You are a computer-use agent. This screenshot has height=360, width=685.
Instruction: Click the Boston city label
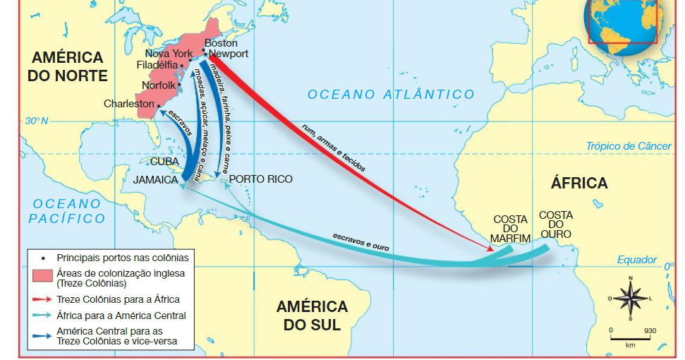coord(221,43)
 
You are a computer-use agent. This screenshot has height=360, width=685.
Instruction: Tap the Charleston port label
coord(128,104)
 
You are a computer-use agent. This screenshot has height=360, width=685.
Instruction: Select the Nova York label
coord(169,54)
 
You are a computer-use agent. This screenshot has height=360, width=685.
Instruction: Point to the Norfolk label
coord(159,85)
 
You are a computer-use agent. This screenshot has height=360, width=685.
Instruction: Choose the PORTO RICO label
coord(260,179)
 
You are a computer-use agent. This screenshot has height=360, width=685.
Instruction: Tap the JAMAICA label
coord(155,180)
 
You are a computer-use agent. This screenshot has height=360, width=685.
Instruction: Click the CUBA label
coord(164,161)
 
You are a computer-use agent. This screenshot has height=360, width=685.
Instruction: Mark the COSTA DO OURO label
coord(555,224)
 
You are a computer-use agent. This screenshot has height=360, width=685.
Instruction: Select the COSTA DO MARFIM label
coord(511,229)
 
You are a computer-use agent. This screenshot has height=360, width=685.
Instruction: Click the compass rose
coord(630,298)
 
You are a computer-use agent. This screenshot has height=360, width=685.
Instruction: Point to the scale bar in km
coord(630,337)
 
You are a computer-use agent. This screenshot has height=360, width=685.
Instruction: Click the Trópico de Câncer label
coord(629,146)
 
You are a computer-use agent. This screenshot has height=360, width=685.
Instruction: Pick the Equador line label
coord(637,260)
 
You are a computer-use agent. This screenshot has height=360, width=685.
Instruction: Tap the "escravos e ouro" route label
coord(360,242)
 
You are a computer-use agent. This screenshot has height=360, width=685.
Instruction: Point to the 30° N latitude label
coord(37,121)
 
